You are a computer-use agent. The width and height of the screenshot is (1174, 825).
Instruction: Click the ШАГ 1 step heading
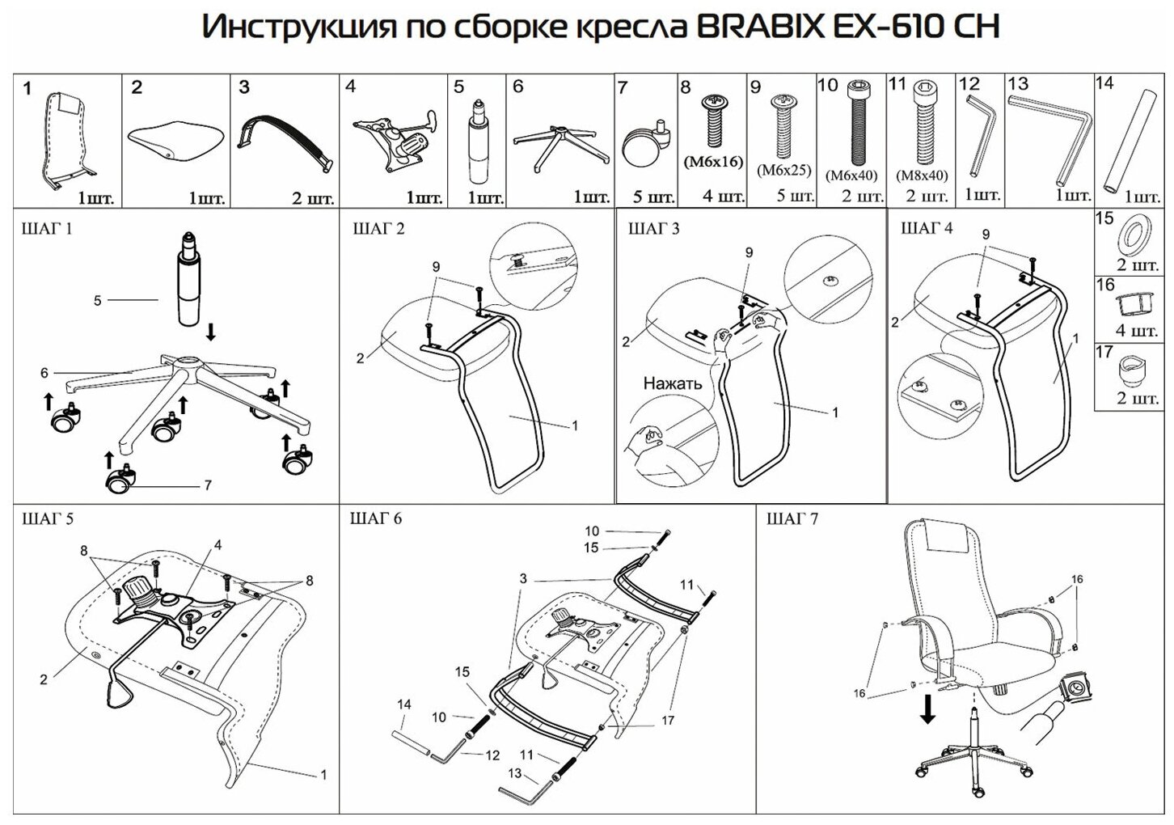pyautogui.click(x=48, y=229)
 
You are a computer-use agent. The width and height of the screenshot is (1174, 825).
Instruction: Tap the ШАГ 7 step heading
pyautogui.click(x=792, y=518)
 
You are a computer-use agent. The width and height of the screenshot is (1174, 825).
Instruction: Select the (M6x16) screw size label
pyautogui.click(x=712, y=162)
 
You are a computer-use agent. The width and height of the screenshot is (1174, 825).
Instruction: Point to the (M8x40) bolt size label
pyautogui.click(x=922, y=175)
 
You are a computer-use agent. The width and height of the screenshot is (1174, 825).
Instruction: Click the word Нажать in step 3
pyautogui.click(x=672, y=383)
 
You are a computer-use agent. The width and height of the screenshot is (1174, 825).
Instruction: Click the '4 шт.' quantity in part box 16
pyautogui.click(x=1137, y=331)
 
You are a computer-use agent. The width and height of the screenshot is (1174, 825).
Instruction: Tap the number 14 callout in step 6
pyautogui.click(x=403, y=705)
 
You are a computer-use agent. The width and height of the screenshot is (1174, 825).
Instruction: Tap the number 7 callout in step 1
pyautogui.click(x=208, y=485)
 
